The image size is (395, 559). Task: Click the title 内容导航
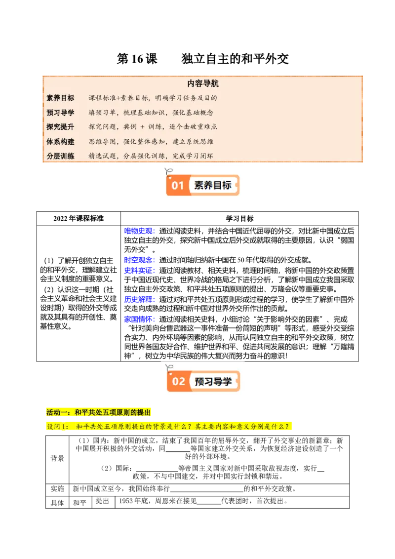(203, 84)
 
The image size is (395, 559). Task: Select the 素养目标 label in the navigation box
(60, 98)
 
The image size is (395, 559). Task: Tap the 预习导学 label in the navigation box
(60, 113)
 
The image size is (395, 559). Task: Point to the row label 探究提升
(60, 127)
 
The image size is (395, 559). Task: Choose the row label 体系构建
(60, 142)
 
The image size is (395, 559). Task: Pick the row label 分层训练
(60, 156)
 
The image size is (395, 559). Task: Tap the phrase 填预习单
(103, 113)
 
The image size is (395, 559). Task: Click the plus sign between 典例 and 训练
(143, 127)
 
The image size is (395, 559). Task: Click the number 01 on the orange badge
(178, 186)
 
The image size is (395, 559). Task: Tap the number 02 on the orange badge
(178, 381)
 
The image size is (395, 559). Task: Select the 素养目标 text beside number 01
(213, 186)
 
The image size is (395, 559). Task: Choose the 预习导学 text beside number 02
(213, 381)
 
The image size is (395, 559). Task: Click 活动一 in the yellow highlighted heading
(57, 412)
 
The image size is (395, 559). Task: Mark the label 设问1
(56, 426)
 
